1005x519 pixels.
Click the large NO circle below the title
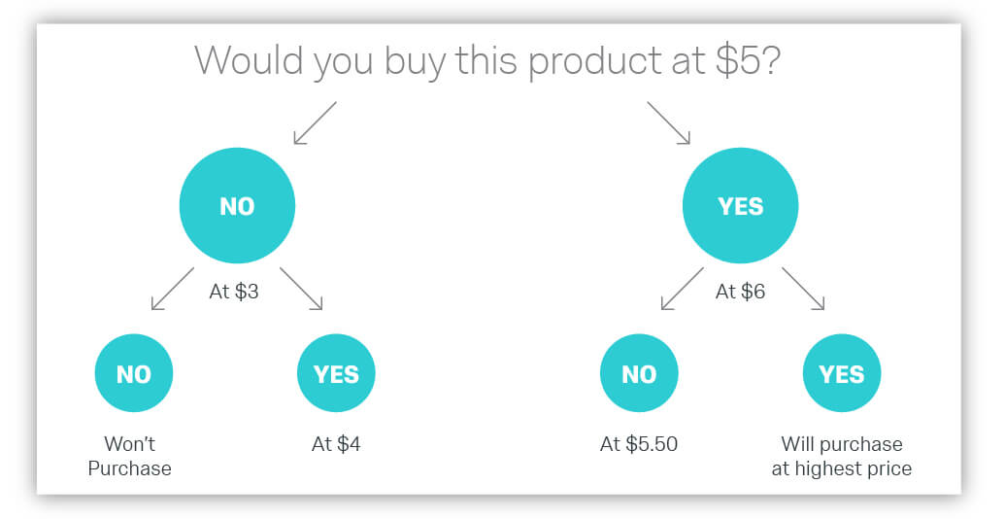pos(237,205)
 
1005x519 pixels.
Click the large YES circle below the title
pos(740,205)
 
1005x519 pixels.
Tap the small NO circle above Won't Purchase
pos(134,373)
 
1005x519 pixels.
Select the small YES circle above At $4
pos(336,373)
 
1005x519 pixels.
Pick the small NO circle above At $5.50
pos(639,373)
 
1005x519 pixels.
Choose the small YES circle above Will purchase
pos(842,373)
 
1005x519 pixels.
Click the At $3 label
pos(234,292)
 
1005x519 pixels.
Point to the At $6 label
pos(740,292)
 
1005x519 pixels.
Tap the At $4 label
pos(336,444)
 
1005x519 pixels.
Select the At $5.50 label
pos(639,444)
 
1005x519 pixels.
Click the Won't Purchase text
pos(129,456)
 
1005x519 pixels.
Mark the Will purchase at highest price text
pos(842,456)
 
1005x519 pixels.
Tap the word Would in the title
pos(250,59)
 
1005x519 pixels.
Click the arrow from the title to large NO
pos(315,122)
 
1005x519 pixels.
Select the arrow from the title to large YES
pos(668,122)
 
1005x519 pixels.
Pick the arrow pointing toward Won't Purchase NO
pos(173,289)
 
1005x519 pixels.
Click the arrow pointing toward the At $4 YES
pos(301,289)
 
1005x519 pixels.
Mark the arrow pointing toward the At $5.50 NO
pos(682,289)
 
